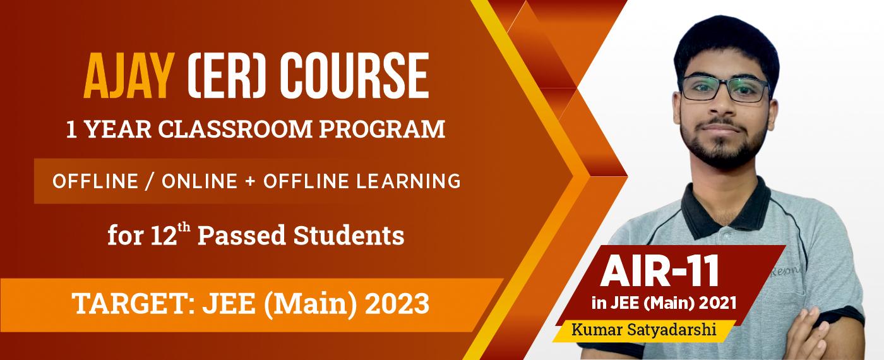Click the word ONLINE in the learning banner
[x=201, y=181]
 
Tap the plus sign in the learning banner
[x=252, y=181]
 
